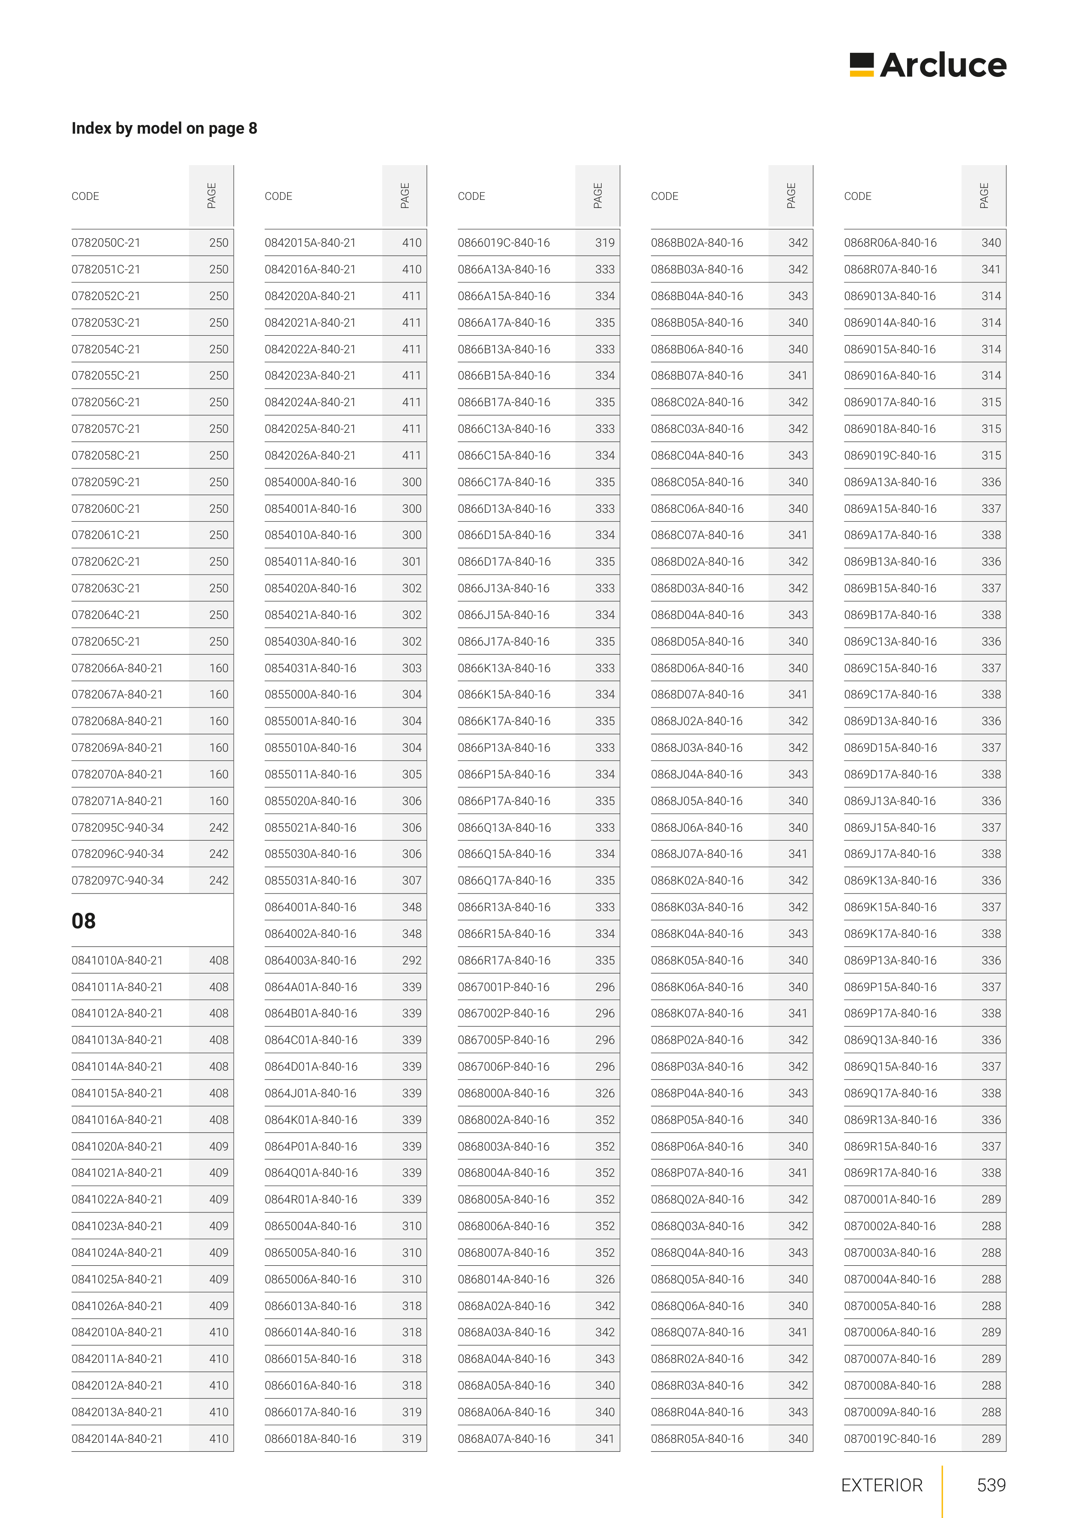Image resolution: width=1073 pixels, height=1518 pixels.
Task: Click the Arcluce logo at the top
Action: click(928, 65)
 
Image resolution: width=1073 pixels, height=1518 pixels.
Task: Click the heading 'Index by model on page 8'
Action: click(164, 128)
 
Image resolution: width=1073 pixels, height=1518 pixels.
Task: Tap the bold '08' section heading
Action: click(83, 920)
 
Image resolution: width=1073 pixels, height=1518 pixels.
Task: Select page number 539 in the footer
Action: click(991, 1485)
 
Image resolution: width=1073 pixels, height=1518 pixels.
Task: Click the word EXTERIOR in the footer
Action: click(881, 1485)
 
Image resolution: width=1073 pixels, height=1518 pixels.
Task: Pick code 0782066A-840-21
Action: click(117, 668)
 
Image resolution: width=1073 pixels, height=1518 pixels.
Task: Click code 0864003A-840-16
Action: click(310, 960)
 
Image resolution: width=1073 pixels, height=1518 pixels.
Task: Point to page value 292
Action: click(411, 960)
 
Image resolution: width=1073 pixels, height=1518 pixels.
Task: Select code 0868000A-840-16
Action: click(503, 1093)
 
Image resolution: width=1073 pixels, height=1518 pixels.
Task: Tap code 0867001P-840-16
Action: click(503, 986)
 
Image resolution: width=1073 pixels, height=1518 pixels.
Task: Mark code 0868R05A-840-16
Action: click(697, 1438)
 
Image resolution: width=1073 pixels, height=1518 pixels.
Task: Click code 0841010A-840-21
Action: click(117, 960)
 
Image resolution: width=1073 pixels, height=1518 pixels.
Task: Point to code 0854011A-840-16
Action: click(310, 561)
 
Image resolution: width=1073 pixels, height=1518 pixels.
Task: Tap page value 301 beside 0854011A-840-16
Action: click(411, 561)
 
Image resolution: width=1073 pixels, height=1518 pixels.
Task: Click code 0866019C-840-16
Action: click(504, 243)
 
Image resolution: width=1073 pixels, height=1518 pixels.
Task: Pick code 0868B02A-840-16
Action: click(697, 243)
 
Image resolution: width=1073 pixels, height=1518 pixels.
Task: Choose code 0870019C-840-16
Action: click(890, 1438)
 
